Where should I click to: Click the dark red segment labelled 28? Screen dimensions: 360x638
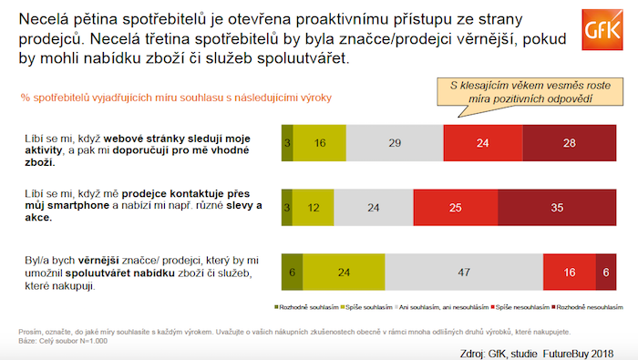coord(570,143)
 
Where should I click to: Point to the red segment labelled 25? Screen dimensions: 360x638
coord(454,208)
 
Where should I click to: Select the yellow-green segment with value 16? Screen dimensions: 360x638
coord(322,143)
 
